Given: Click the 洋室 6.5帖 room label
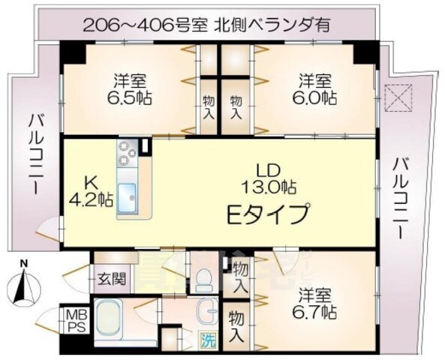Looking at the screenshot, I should pyautogui.click(x=130, y=88).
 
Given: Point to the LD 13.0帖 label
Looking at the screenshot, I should pyautogui.click(x=269, y=177).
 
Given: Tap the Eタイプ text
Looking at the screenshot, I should pyautogui.click(x=268, y=214).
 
